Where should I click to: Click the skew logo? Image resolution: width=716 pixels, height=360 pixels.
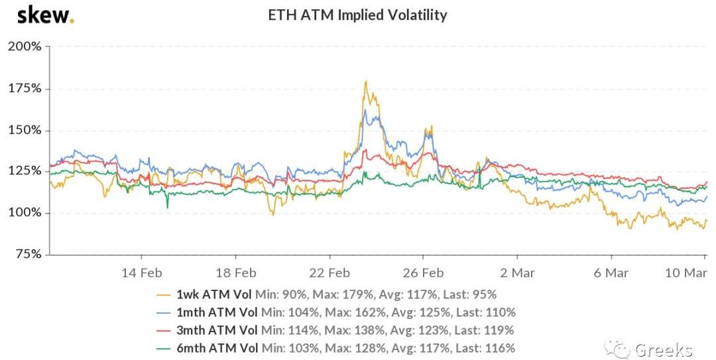pos(44,15)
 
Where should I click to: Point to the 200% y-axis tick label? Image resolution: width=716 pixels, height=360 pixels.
pos(25,47)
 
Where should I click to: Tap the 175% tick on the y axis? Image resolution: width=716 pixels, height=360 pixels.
pos(25,89)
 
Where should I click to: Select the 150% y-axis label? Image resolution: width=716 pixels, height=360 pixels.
pos(25,131)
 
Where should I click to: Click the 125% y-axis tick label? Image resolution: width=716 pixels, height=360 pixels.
pos(25,172)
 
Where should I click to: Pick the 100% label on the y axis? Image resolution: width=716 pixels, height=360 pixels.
pos(25,213)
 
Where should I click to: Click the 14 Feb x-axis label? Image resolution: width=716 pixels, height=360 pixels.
pos(141,272)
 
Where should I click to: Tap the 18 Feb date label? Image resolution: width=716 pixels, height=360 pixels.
pos(235,272)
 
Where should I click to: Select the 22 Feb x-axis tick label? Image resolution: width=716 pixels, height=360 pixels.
pos(329,272)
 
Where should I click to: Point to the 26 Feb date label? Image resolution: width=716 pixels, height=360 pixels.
pos(423,272)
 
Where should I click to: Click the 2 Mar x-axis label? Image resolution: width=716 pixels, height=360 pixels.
pos(517,272)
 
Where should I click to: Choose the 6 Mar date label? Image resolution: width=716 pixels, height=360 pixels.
pos(611,272)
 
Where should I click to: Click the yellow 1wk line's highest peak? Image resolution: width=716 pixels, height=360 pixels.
pos(366,82)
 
